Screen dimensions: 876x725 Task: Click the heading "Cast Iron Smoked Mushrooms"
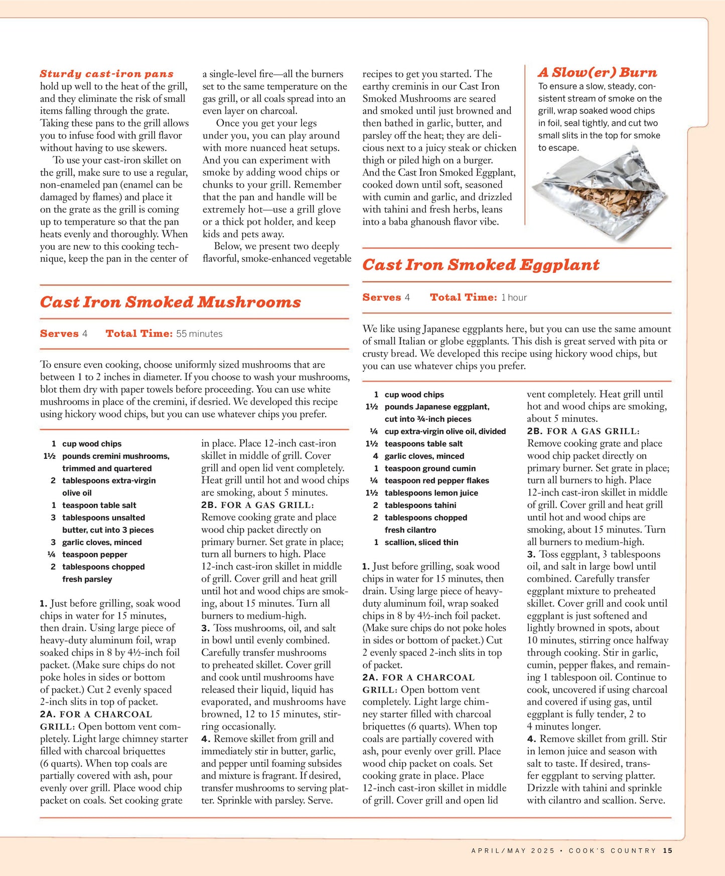(x=170, y=302)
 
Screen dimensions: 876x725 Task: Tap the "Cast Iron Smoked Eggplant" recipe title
(x=481, y=265)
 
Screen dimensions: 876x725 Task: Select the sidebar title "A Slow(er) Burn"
(x=597, y=73)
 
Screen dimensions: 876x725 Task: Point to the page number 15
(x=667, y=850)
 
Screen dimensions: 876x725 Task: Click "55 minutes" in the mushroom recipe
(x=199, y=334)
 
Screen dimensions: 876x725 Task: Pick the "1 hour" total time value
(x=514, y=297)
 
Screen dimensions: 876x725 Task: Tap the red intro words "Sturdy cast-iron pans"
(x=107, y=74)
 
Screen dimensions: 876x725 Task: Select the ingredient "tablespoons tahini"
(x=420, y=505)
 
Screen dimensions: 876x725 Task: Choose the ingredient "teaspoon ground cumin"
(x=430, y=468)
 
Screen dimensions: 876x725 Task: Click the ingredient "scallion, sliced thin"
(x=421, y=543)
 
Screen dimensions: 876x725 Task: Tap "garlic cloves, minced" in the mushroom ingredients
(x=102, y=543)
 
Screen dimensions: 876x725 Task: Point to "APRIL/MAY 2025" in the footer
(x=513, y=850)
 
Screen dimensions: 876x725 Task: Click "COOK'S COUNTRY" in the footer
(x=612, y=850)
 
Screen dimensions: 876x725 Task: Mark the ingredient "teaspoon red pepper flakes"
(x=437, y=481)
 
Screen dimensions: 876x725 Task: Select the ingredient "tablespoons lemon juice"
(x=431, y=493)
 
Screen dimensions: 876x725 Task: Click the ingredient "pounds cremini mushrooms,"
(x=115, y=456)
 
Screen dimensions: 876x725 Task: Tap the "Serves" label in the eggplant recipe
(x=381, y=297)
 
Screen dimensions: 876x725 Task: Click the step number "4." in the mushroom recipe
(x=206, y=739)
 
